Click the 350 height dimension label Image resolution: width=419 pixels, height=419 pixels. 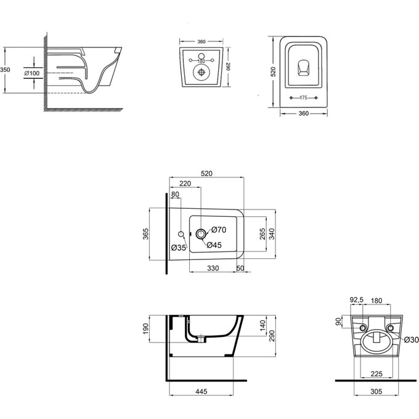[6, 71]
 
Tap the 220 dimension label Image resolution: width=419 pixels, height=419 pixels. [185, 184]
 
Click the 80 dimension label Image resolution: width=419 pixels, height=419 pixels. [176, 195]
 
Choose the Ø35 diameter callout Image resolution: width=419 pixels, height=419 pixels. [179, 248]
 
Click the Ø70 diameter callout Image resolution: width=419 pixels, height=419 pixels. [219, 230]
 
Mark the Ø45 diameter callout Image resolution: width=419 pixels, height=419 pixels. [214, 245]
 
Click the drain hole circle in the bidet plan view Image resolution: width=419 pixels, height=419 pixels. [201, 234]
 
